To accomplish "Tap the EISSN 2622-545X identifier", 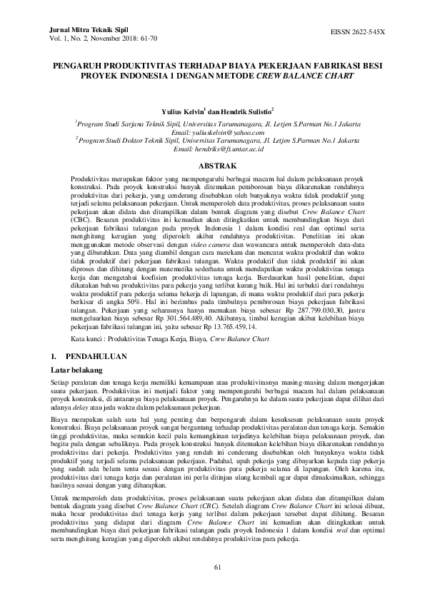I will tap(357, 32).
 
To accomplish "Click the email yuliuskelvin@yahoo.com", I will tap(213, 133).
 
